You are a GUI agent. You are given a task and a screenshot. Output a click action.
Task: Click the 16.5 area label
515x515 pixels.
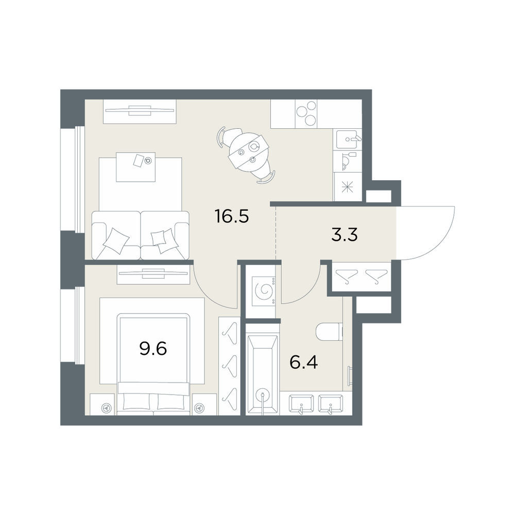(232, 216)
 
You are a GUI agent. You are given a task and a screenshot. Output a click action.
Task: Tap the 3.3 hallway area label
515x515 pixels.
(344, 235)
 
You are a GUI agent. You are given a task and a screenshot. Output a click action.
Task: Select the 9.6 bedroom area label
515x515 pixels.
(153, 349)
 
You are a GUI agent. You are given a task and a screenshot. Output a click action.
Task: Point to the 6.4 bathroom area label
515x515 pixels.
(303, 363)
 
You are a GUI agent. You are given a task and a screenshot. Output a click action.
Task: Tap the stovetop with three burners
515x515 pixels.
(306, 114)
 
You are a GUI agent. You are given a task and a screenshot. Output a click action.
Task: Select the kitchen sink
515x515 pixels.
(348, 139)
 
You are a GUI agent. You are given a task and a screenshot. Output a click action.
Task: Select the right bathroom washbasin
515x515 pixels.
(331, 403)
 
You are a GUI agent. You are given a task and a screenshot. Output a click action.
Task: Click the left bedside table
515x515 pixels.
(103, 404)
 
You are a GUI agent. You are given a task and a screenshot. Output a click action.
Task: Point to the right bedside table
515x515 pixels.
(204, 404)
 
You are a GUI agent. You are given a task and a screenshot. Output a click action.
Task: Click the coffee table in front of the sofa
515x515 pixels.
(135, 167)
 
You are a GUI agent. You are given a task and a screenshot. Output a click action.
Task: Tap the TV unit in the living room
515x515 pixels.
(140, 112)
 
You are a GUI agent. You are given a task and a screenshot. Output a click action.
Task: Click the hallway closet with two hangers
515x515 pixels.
(362, 276)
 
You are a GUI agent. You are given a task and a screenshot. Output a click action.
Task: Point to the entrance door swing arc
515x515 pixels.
(440, 244)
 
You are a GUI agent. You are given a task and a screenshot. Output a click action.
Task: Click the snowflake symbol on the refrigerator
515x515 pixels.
(347, 188)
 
